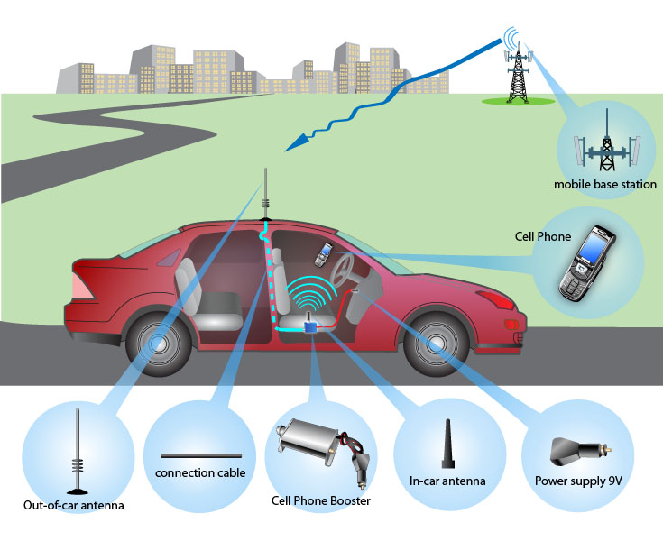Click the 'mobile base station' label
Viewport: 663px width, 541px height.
tap(605, 185)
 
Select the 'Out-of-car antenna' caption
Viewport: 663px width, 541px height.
tap(74, 505)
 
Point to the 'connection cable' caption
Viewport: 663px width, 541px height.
tap(200, 472)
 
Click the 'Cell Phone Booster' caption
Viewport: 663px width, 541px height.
tap(321, 500)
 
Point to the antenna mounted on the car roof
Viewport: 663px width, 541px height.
tap(265, 194)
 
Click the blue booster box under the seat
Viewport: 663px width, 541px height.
tap(311, 326)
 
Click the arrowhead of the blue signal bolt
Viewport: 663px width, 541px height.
tap(291, 146)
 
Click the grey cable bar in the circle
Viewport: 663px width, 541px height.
tap(200, 454)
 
